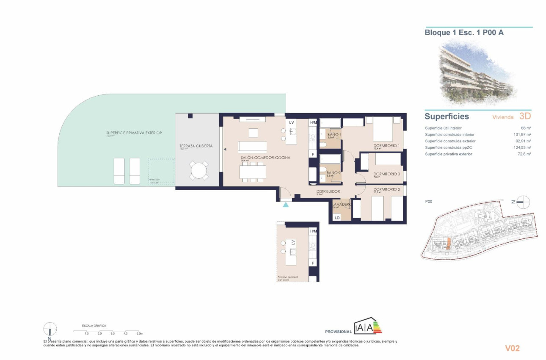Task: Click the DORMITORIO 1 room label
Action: (x=386, y=146)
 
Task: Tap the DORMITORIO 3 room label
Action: (x=386, y=174)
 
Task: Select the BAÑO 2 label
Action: (x=334, y=173)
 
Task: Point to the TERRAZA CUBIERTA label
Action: (x=196, y=146)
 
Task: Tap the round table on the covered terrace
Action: (x=199, y=171)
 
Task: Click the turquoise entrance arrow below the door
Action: (x=286, y=205)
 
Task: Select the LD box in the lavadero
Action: (x=337, y=218)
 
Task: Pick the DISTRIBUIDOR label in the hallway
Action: (x=328, y=191)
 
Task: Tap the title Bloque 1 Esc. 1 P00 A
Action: (x=464, y=33)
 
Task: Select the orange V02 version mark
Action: (x=512, y=348)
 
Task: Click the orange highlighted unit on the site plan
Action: (x=448, y=245)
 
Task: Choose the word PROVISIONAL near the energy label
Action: (x=338, y=332)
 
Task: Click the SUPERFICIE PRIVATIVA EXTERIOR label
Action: (x=134, y=133)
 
